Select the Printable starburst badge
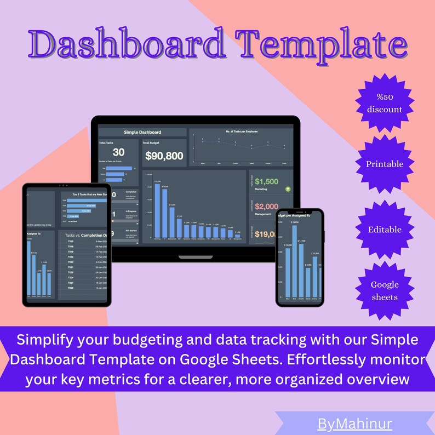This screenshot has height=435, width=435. pos(385,164)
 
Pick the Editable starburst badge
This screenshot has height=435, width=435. pos(385,230)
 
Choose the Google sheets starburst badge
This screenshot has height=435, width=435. pos(385,290)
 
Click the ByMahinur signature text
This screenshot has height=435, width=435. pos(354,424)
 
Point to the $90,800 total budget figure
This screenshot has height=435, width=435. pos(164,156)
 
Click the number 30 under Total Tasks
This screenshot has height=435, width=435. pos(118,153)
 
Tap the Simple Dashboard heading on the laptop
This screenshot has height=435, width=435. pos(142,132)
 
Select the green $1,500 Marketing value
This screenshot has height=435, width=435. pos(267,181)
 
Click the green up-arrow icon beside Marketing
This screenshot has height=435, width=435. pos(288,189)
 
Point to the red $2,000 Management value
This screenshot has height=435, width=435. pos(267,207)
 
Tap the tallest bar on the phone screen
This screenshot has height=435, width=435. pos(295,260)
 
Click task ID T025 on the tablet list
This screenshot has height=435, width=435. pos(71,242)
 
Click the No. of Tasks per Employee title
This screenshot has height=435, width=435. pos(241,131)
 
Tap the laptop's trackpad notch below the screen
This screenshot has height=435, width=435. pos(196,256)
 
